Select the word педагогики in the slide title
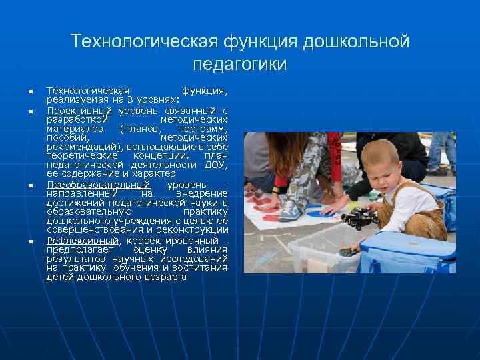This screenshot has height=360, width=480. coord(239,65)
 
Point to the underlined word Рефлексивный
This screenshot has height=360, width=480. coord(83,240)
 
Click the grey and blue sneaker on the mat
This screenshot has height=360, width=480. coord(290,211)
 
